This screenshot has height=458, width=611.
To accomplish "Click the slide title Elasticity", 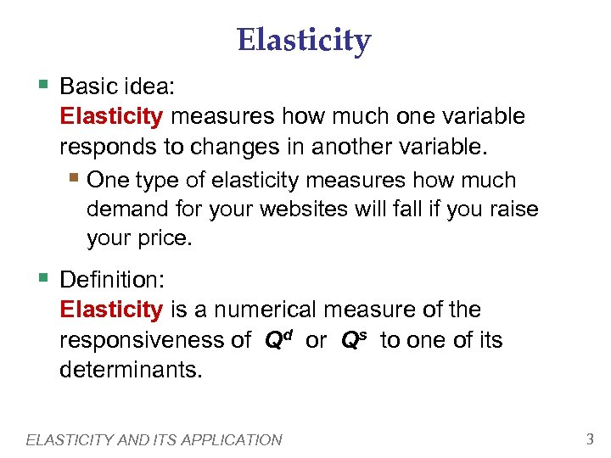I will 304,40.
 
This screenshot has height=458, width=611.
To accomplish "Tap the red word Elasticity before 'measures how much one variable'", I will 111,116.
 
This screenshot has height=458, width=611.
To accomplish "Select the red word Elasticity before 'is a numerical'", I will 111,310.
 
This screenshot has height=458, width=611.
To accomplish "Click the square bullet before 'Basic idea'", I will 43,85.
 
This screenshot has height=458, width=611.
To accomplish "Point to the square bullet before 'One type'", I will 77,179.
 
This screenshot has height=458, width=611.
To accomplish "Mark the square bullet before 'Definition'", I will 43,278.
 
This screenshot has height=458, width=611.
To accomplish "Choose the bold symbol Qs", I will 355,339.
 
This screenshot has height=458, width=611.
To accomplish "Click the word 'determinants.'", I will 132,371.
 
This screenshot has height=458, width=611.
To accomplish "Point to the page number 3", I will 589,438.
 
